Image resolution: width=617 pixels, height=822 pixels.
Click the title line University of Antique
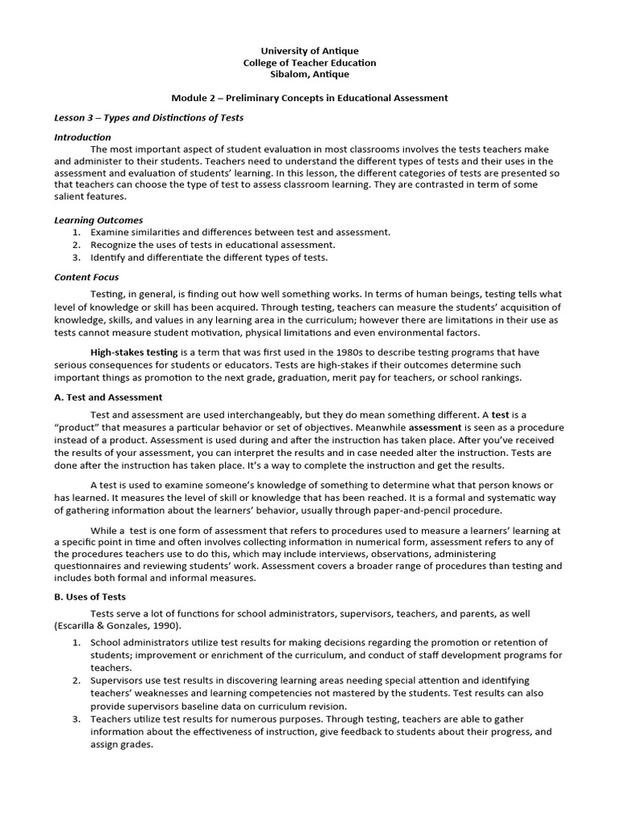[309, 51]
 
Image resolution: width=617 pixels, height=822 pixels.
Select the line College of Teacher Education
[309, 63]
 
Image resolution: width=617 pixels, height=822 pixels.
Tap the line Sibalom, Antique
[309, 75]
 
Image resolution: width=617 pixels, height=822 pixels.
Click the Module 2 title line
[309, 98]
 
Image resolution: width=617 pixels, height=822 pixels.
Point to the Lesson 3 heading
[149, 118]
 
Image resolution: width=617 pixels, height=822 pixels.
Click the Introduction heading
[83, 137]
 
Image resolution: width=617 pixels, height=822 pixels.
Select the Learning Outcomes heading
[98, 220]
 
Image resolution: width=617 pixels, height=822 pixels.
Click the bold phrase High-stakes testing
[134, 352]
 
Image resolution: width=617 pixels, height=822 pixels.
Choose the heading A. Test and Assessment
[108, 397]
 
